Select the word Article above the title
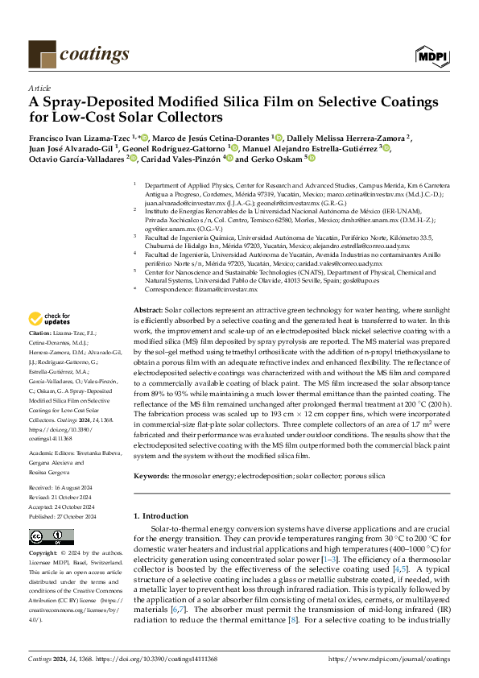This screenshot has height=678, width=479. tap(39, 89)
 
